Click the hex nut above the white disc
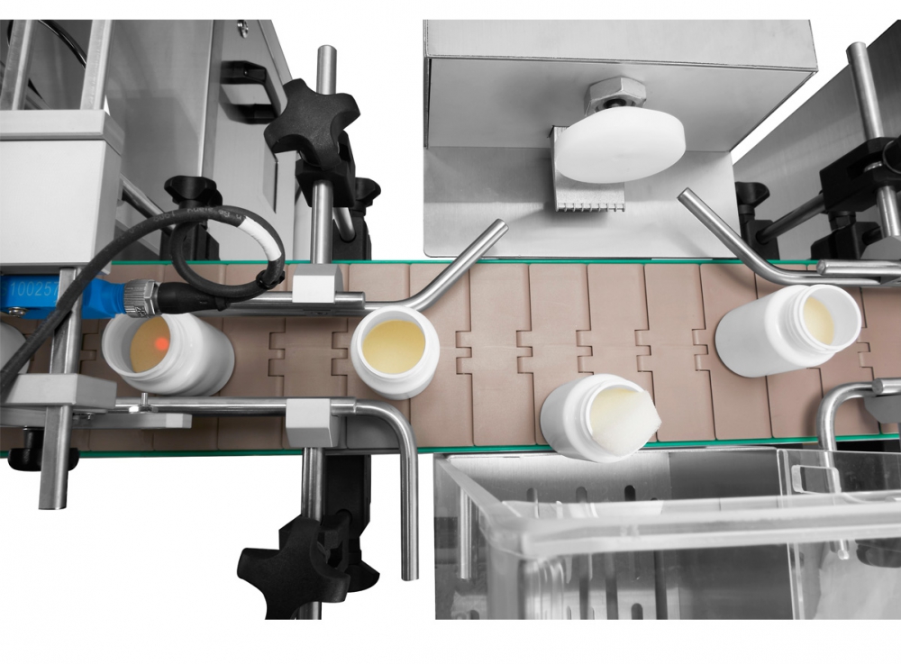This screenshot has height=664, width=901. click(x=616, y=94)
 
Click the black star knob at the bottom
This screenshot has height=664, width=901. click(x=297, y=563)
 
